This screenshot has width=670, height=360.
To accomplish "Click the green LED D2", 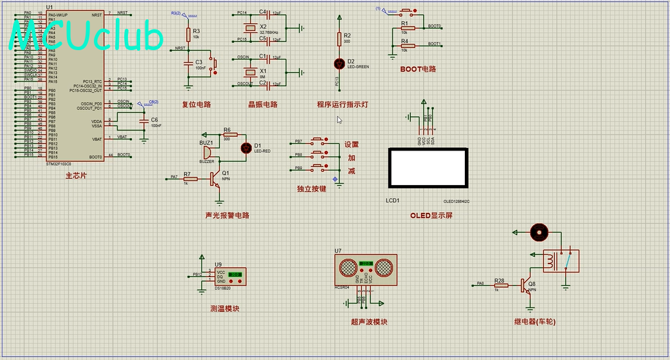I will point(340,64).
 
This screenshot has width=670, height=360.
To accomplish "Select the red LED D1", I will point(246,148).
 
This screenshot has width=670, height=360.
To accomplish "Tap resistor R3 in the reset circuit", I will point(188,33).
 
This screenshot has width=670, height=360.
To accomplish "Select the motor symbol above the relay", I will point(538,232).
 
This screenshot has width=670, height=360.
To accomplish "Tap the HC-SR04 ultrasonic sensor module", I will point(366,269).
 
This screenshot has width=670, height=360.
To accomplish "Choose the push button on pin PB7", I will point(318,141).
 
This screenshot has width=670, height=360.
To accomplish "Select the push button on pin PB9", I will point(318,168).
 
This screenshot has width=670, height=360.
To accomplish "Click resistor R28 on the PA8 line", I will point(500,284).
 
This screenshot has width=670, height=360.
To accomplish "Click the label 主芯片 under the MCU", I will point(76,175).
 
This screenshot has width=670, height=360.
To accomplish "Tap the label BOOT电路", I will point(417,69).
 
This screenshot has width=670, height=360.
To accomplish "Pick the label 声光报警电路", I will point(227,215).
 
